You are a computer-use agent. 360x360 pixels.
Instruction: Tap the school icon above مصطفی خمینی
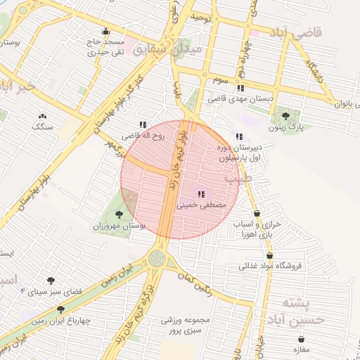[200, 194]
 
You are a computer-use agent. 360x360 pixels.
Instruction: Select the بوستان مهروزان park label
[119, 226]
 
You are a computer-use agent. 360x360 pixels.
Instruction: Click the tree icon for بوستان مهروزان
[119, 214]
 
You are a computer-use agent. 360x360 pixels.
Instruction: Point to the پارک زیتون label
[286, 128]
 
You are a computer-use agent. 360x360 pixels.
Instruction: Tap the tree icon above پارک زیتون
[285, 115]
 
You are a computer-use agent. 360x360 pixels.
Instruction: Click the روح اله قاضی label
[143, 135]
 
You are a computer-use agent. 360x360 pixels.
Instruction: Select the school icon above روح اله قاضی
[143, 124]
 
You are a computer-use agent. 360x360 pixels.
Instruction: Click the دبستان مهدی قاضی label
[240, 100]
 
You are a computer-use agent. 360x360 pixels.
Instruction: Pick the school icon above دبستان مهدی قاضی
[240, 88]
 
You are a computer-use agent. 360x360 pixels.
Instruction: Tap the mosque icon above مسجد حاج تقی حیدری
[105, 31]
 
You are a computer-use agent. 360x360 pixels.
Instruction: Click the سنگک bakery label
[42, 127]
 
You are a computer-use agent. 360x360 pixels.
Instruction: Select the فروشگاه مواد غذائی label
[270, 266]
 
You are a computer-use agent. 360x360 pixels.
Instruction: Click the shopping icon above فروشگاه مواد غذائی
[269, 255]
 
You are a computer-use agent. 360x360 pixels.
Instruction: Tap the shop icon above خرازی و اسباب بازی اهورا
[257, 213]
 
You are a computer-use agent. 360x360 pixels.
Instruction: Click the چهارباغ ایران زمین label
[61, 321]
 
